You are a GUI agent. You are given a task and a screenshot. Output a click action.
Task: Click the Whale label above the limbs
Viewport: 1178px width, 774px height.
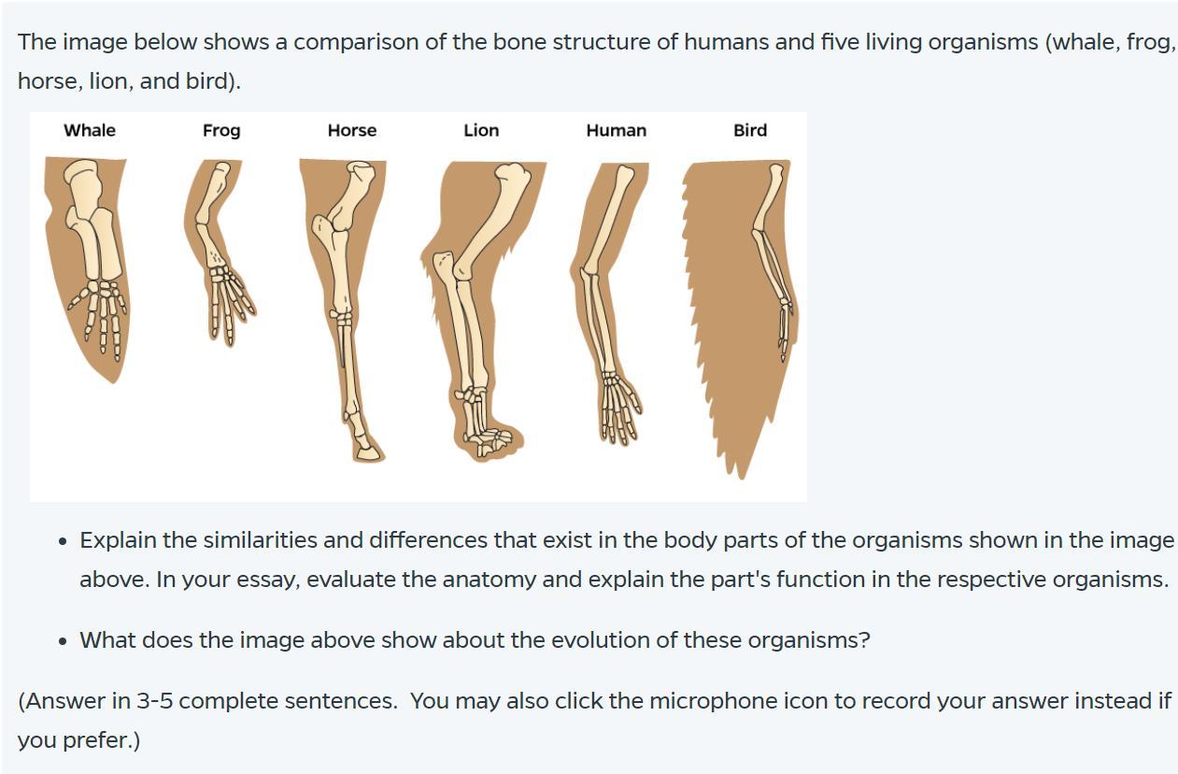click(x=90, y=131)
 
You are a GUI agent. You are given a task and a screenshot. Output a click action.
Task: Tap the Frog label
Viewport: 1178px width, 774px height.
click(x=221, y=131)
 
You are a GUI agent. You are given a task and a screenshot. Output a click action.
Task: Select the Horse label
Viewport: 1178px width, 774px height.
click(x=352, y=131)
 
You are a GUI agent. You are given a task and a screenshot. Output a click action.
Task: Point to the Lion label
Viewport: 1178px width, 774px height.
click(x=481, y=131)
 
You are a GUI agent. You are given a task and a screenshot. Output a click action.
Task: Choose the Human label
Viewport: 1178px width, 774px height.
click(x=616, y=131)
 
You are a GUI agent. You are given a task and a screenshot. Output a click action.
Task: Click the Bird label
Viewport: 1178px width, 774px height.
click(x=750, y=131)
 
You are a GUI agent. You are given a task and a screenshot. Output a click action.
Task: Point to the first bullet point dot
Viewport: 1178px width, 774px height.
click(x=62, y=541)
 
